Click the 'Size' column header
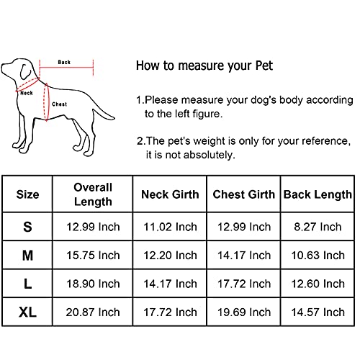coord(27,194)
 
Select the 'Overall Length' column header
coord(93,194)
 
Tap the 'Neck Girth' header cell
coord(170,194)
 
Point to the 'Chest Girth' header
coord(244,194)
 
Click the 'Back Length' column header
coord(318,194)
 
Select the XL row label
coord(27,312)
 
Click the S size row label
coord(27,227)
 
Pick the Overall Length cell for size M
coord(93,256)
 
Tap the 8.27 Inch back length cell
coord(318,227)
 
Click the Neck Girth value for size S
coord(170,227)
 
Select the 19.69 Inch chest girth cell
coord(244,312)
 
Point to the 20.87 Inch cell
coord(93,312)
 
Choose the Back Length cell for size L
coord(318,284)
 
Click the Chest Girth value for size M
coord(244,256)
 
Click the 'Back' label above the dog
coord(64,63)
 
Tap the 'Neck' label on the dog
coord(27,93)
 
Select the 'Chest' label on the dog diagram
coord(60,104)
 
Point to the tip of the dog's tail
coord(114,118)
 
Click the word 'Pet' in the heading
coord(264,66)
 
